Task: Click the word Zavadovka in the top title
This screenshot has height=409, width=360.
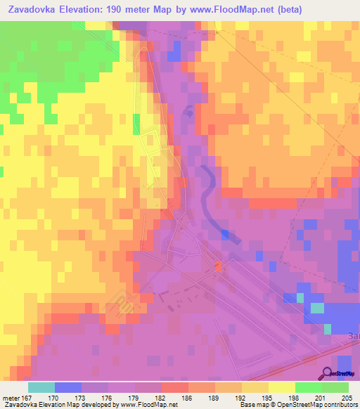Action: point(32,11)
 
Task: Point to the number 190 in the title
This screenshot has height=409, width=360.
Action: point(121,11)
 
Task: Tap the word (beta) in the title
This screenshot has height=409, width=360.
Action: point(285,11)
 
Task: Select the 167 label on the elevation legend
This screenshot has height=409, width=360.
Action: point(27,398)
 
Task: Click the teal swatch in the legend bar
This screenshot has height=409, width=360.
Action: point(41,387)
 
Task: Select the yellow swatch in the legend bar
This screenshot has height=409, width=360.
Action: point(281,387)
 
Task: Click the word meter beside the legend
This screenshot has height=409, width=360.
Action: point(10,398)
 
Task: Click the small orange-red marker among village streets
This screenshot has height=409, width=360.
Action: point(218,266)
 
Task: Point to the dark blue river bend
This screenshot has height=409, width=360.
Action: point(205,190)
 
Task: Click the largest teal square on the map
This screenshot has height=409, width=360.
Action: point(317,307)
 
